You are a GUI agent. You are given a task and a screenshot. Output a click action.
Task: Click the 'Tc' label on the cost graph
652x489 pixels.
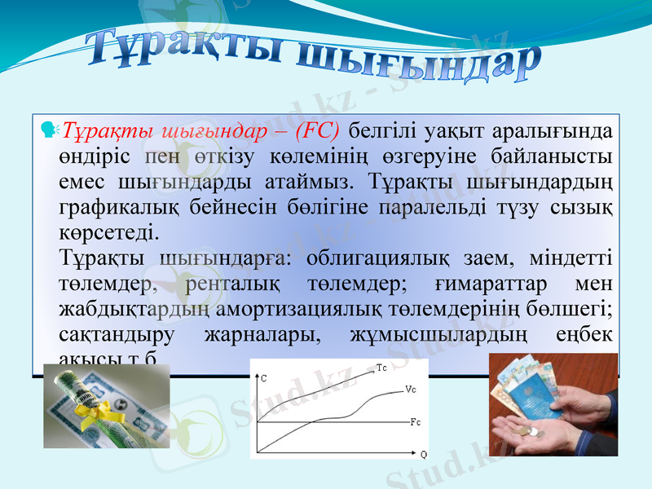click(x=382, y=368)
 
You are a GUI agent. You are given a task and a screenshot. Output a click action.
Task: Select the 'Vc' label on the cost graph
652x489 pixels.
click(x=410, y=390)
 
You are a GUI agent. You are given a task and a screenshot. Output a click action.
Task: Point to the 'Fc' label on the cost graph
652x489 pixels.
click(x=415, y=422)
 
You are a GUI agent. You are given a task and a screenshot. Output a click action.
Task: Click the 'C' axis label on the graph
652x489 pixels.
click(x=263, y=378)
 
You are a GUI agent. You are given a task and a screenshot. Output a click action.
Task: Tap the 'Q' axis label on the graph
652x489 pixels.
click(x=424, y=454)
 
